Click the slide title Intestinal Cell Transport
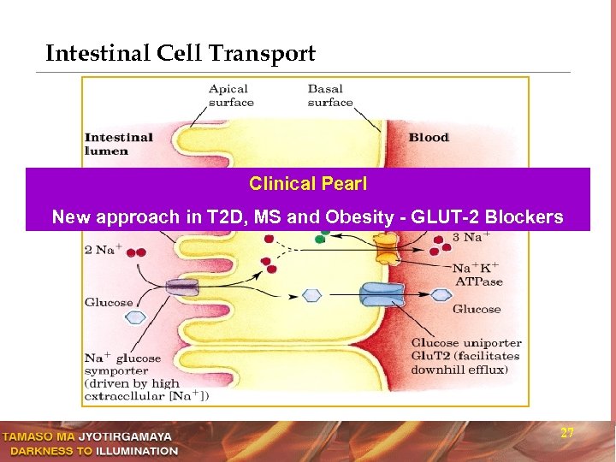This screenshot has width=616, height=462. [x=181, y=54]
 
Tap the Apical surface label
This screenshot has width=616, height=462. [x=231, y=95]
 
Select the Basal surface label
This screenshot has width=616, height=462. [x=330, y=95]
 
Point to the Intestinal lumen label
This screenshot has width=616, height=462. [x=118, y=144]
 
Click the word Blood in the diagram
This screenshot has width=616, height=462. [x=429, y=138]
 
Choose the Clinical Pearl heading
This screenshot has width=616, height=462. [x=307, y=184]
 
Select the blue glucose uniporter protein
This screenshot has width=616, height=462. [x=383, y=295]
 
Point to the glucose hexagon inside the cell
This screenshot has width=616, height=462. [x=312, y=295]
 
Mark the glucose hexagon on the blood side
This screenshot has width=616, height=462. [x=440, y=295]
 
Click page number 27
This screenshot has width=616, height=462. [x=566, y=433]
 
